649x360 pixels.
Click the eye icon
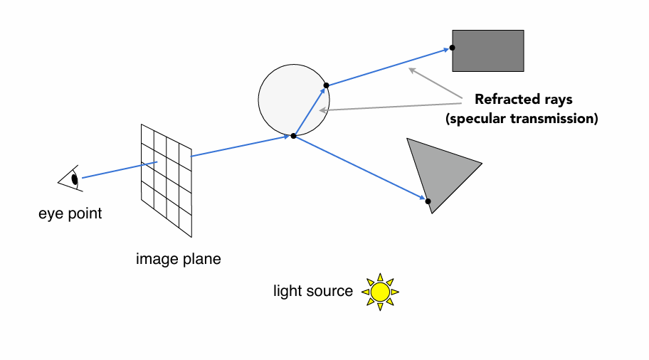coord(72,179)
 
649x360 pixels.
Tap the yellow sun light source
coord(380,292)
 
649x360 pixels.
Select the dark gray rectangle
coord(488,51)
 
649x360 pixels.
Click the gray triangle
coord(441,171)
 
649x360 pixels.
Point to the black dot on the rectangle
coord(453,48)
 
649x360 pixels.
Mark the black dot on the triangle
coord(428,201)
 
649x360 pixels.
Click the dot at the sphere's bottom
coord(293,135)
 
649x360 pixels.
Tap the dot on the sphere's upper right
coord(326,86)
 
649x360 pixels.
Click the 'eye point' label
coord(70,213)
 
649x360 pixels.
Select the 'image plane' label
coord(178,259)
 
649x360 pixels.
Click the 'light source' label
coord(313,291)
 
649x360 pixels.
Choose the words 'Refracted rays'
coord(523,100)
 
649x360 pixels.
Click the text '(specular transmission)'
coord(522,119)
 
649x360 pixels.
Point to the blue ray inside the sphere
coord(310,111)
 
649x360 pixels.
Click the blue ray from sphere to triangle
coord(359,168)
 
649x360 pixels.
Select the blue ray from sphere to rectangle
coord(388,67)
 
